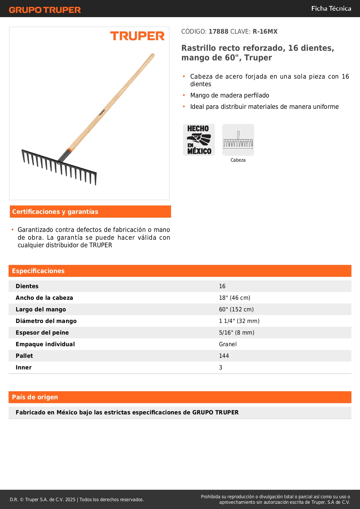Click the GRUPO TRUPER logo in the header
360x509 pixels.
pyautogui.click(x=45, y=10)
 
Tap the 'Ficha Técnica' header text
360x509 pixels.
pyautogui.click(x=331, y=8)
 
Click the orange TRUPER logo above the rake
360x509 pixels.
pyautogui.click(x=137, y=36)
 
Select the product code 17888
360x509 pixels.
pyautogui.click(x=218, y=31)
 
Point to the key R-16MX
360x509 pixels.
pyautogui.click(x=265, y=31)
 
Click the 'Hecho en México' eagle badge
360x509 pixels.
pyautogui.click(x=199, y=140)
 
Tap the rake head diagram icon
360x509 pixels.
pyautogui.click(x=238, y=140)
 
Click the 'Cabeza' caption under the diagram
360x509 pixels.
pyautogui.click(x=238, y=160)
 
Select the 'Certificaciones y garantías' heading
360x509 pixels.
pyautogui.click(x=55, y=212)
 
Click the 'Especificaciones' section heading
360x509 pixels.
pyautogui.click(x=38, y=271)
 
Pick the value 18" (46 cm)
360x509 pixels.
pyautogui.click(x=234, y=298)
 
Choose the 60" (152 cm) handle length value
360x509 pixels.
pyautogui.click(x=236, y=309)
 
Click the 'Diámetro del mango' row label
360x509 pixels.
pyautogui.click(x=46, y=321)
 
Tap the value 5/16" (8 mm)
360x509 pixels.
pyautogui.click(x=236, y=333)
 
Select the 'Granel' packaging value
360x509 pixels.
pyautogui.click(x=228, y=344)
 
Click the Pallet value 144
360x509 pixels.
pyautogui.click(x=224, y=356)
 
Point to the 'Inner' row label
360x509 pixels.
pyautogui.click(x=23, y=367)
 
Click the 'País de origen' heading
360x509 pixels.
pyautogui.click(x=35, y=397)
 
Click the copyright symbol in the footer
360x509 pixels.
pyautogui.click(x=22, y=499)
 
